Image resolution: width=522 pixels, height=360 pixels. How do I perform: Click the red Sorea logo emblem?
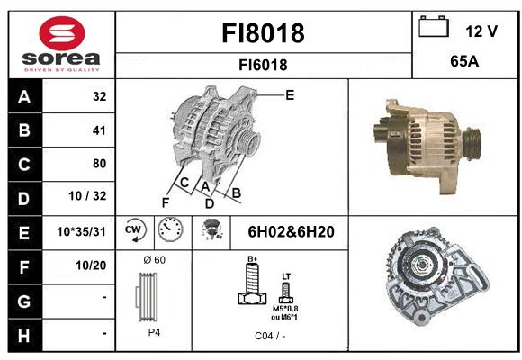point(62,33)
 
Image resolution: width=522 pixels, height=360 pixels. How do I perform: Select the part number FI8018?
point(263,33)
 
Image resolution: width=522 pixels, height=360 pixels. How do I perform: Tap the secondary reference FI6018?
point(263,65)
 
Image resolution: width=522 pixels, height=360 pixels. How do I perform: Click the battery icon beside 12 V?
point(434,26)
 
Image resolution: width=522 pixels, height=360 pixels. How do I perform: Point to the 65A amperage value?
point(464,61)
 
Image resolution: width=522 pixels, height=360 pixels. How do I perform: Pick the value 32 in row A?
point(100,96)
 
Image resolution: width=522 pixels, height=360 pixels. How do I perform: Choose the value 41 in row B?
point(99,130)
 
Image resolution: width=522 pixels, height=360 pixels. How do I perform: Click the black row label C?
point(25,164)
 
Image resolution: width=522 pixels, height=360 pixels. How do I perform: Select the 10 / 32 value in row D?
point(87,196)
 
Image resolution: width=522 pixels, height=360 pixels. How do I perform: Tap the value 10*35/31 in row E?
point(81,231)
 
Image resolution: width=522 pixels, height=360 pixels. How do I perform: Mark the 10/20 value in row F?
point(91,265)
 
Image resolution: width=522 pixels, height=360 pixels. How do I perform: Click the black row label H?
point(25,336)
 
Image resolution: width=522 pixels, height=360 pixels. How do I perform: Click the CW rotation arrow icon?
point(134,229)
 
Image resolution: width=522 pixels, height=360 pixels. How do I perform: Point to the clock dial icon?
point(170,229)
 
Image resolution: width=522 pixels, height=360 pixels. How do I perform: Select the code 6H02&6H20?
point(291,232)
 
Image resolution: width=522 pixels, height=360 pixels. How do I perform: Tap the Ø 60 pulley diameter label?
point(154,260)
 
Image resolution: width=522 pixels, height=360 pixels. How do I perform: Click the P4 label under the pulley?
point(154,332)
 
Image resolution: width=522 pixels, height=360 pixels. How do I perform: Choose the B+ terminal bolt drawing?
point(253,283)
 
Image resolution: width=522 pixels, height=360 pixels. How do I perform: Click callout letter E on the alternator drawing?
point(290,95)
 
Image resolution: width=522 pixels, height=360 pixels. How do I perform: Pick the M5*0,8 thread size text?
point(285,309)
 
